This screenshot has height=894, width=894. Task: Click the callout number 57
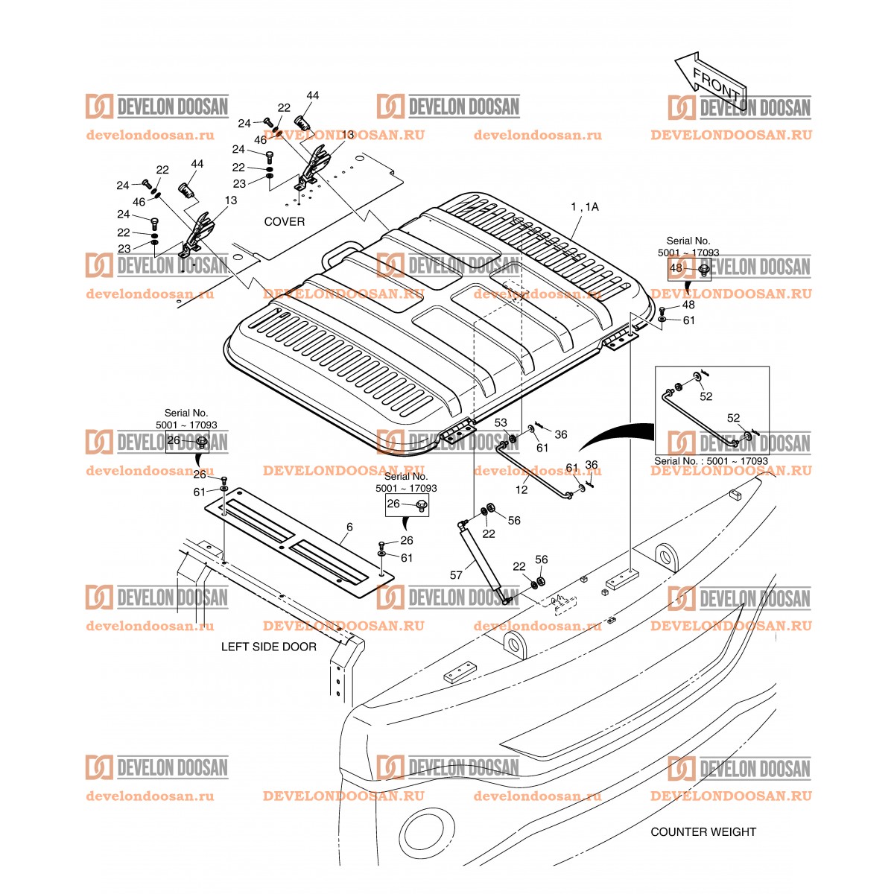457,574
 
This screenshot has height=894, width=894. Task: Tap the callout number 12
521,489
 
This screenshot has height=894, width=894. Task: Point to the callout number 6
349,527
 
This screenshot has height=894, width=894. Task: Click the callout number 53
501,422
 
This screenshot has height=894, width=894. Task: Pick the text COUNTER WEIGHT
703,831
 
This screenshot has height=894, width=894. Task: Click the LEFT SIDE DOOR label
268,647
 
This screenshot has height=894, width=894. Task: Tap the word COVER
284,221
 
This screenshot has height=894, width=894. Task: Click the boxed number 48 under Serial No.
676,268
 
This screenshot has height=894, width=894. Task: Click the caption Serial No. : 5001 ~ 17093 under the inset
711,461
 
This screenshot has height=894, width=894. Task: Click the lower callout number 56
542,559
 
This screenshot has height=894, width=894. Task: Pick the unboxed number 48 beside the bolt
688,305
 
